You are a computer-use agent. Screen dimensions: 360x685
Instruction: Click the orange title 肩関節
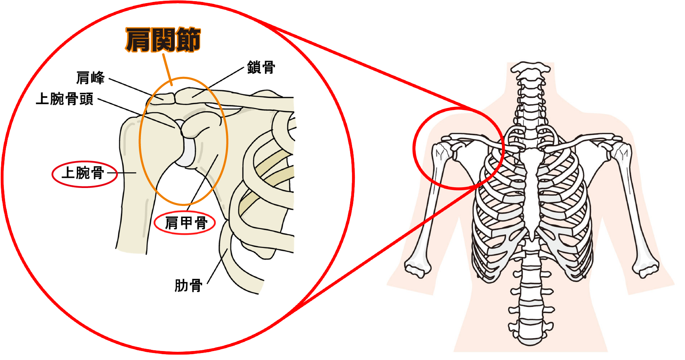[x=163, y=40]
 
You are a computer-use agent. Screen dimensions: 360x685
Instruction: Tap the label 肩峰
[x=90, y=78]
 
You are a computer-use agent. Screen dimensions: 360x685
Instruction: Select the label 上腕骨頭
[x=65, y=99]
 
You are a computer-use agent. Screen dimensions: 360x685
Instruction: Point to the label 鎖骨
[x=261, y=67]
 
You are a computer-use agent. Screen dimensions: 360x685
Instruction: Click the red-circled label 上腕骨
[x=84, y=173]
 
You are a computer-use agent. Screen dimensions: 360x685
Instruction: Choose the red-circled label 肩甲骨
[x=185, y=223]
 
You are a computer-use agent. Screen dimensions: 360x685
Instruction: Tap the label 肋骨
[x=188, y=286]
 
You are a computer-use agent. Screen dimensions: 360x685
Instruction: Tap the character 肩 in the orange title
[x=138, y=40]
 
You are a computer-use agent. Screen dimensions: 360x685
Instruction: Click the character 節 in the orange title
[x=188, y=40]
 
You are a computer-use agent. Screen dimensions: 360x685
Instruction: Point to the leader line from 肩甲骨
[x=203, y=179]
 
